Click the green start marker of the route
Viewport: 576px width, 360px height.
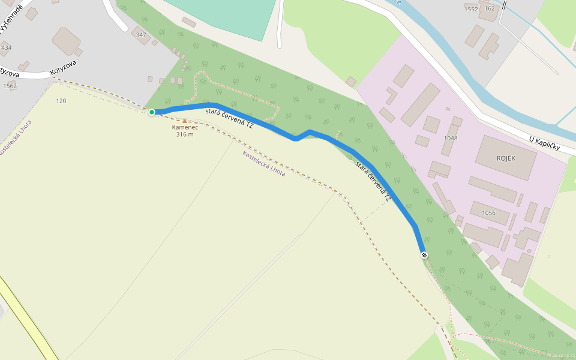click(x=152, y=112)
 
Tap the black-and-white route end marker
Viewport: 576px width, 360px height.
click(x=424, y=256)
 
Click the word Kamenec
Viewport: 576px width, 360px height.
click(x=185, y=127)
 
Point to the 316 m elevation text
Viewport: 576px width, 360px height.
click(x=185, y=134)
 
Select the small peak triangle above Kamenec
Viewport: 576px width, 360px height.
click(x=184, y=121)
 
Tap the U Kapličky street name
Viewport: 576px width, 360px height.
click(x=544, y=143)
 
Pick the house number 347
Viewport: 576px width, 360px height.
click(x=142, y=35)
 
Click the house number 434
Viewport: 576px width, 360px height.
click(x=7, y=47)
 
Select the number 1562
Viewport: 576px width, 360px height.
click(x=10, y=86)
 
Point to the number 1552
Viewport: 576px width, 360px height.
click(x=471, y=9)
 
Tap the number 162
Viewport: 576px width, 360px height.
click(x=490, y=8)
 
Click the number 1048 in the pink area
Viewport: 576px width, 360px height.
click(x=450, y=138)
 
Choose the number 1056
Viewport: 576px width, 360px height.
click(x=488, y=212)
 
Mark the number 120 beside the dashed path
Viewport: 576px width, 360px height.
click(x=61, y=101)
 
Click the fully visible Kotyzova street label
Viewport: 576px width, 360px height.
click(x=63, y=70)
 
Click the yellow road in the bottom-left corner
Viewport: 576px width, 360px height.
click(x=24, y=318)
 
